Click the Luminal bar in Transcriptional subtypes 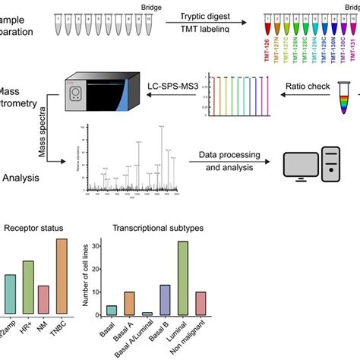182,278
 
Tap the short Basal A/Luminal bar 147,313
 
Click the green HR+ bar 27,287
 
